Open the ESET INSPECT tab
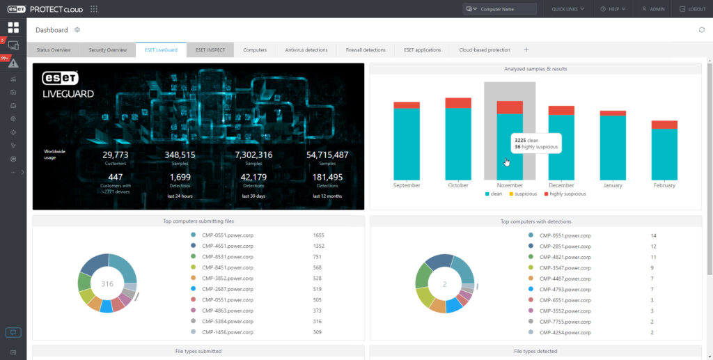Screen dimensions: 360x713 click(210, 50)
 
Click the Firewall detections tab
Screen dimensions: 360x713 click(366, 50)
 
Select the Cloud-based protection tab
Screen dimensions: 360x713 click(485, 50)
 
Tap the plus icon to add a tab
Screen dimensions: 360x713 click(526, 50)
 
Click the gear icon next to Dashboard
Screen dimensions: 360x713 click(77, 30)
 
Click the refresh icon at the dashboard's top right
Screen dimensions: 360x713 click(701, 30)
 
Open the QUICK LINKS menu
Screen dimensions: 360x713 click(568, 9)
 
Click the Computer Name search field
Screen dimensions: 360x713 click(501, 9)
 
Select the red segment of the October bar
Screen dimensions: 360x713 click(458, 103)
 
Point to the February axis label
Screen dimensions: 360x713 click(664, 186)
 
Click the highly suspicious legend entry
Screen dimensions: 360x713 click(565, 194)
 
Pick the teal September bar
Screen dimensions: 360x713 click(407, 143)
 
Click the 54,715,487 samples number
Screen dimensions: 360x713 click(327, 155)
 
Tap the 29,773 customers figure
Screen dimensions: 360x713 click(116, 155)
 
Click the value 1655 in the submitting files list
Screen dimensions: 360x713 click(319, 235)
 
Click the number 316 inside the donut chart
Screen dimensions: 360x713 click(107, 284)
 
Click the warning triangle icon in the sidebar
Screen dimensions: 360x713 click(13, 63)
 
